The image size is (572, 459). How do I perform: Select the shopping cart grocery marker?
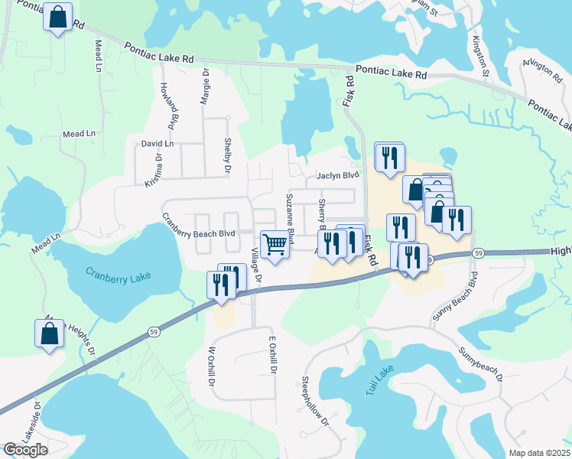[275, 245]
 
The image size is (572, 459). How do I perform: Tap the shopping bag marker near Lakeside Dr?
[49, 334]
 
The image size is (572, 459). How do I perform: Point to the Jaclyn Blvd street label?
[337, 175]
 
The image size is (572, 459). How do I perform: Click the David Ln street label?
[158, 143]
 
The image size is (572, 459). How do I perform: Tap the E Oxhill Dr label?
[271, 356]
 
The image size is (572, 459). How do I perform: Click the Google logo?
[25, 449]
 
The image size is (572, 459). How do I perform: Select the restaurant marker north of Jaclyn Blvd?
[389, 158]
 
